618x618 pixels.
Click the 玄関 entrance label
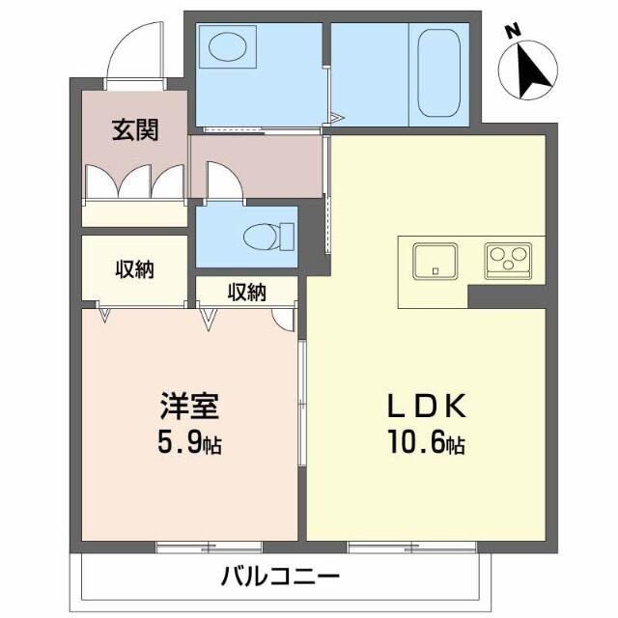pos(134,129)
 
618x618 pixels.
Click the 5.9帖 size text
pos(189,445)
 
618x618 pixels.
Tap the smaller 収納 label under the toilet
pos(247,291)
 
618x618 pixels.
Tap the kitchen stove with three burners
pos(508,260)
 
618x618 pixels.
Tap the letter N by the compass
pos(514,31)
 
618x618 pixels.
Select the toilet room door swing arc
pos(224,180)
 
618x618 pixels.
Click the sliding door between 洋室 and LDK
pos(302,396)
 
